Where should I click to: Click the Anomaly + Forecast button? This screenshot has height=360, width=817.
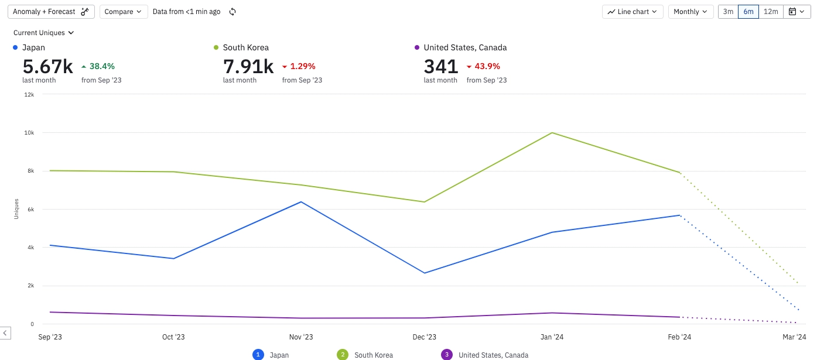point(51,12)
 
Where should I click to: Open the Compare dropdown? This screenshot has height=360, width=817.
point(124,12)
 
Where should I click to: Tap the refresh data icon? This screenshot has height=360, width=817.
point(233,12)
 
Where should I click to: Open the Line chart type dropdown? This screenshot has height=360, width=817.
point(633,12)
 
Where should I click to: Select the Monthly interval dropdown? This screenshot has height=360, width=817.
point(690,12)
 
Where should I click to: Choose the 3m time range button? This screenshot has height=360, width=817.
point(728,12)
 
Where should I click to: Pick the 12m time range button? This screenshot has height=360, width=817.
point(771,12)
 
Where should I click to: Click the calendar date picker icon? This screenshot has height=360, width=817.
point(796,12)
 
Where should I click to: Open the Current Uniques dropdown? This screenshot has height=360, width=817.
point(44,33)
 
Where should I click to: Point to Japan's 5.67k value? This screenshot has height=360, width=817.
point(47,67)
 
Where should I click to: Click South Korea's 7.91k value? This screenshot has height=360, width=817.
point(248,67)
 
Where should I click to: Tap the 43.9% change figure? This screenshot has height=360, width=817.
point(487,66)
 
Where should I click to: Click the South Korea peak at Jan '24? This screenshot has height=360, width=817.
point(552,133)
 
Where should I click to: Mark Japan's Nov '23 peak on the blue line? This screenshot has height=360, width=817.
point(301,202)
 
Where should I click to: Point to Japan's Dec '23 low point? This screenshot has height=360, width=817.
point(425,273)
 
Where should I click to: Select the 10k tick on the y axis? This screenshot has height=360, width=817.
point(28,133)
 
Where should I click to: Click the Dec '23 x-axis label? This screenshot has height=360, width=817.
point(424,337)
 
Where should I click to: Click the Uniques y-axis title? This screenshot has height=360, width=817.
point(16,209)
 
